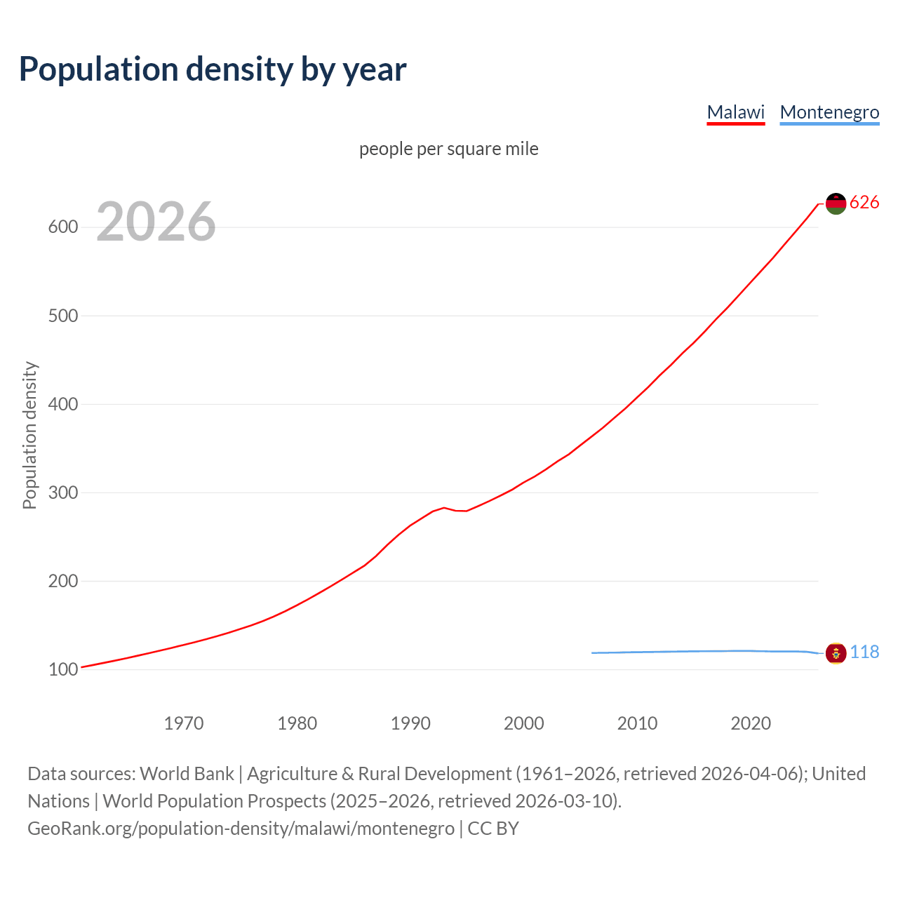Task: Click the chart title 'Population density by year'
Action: tap(213, 69)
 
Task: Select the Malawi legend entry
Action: tap(735, 112)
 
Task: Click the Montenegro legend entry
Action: tap(829, 112)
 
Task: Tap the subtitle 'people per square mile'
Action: tap(448, 149)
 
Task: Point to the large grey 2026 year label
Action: tap(156, 222)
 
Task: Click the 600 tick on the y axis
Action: tap(62, 227)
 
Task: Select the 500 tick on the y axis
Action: tap(62, 316)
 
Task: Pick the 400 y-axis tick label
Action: tap(62, 404)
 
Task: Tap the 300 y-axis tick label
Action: tap(62, 492)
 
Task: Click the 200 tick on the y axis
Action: tap(62, 581)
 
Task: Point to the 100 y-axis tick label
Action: tap(62, 669)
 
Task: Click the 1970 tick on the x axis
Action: tap(184, 723)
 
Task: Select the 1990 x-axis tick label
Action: tap(410, 723)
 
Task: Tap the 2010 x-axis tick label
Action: tap(637, 723)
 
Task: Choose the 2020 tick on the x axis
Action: tap(751, 723)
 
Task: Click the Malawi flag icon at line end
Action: tap(836, 203)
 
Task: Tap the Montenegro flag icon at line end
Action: tap(836, 653)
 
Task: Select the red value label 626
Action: tap(864, 203)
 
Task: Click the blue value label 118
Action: tap(864, 652)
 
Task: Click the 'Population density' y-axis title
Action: tap(29, 435)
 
